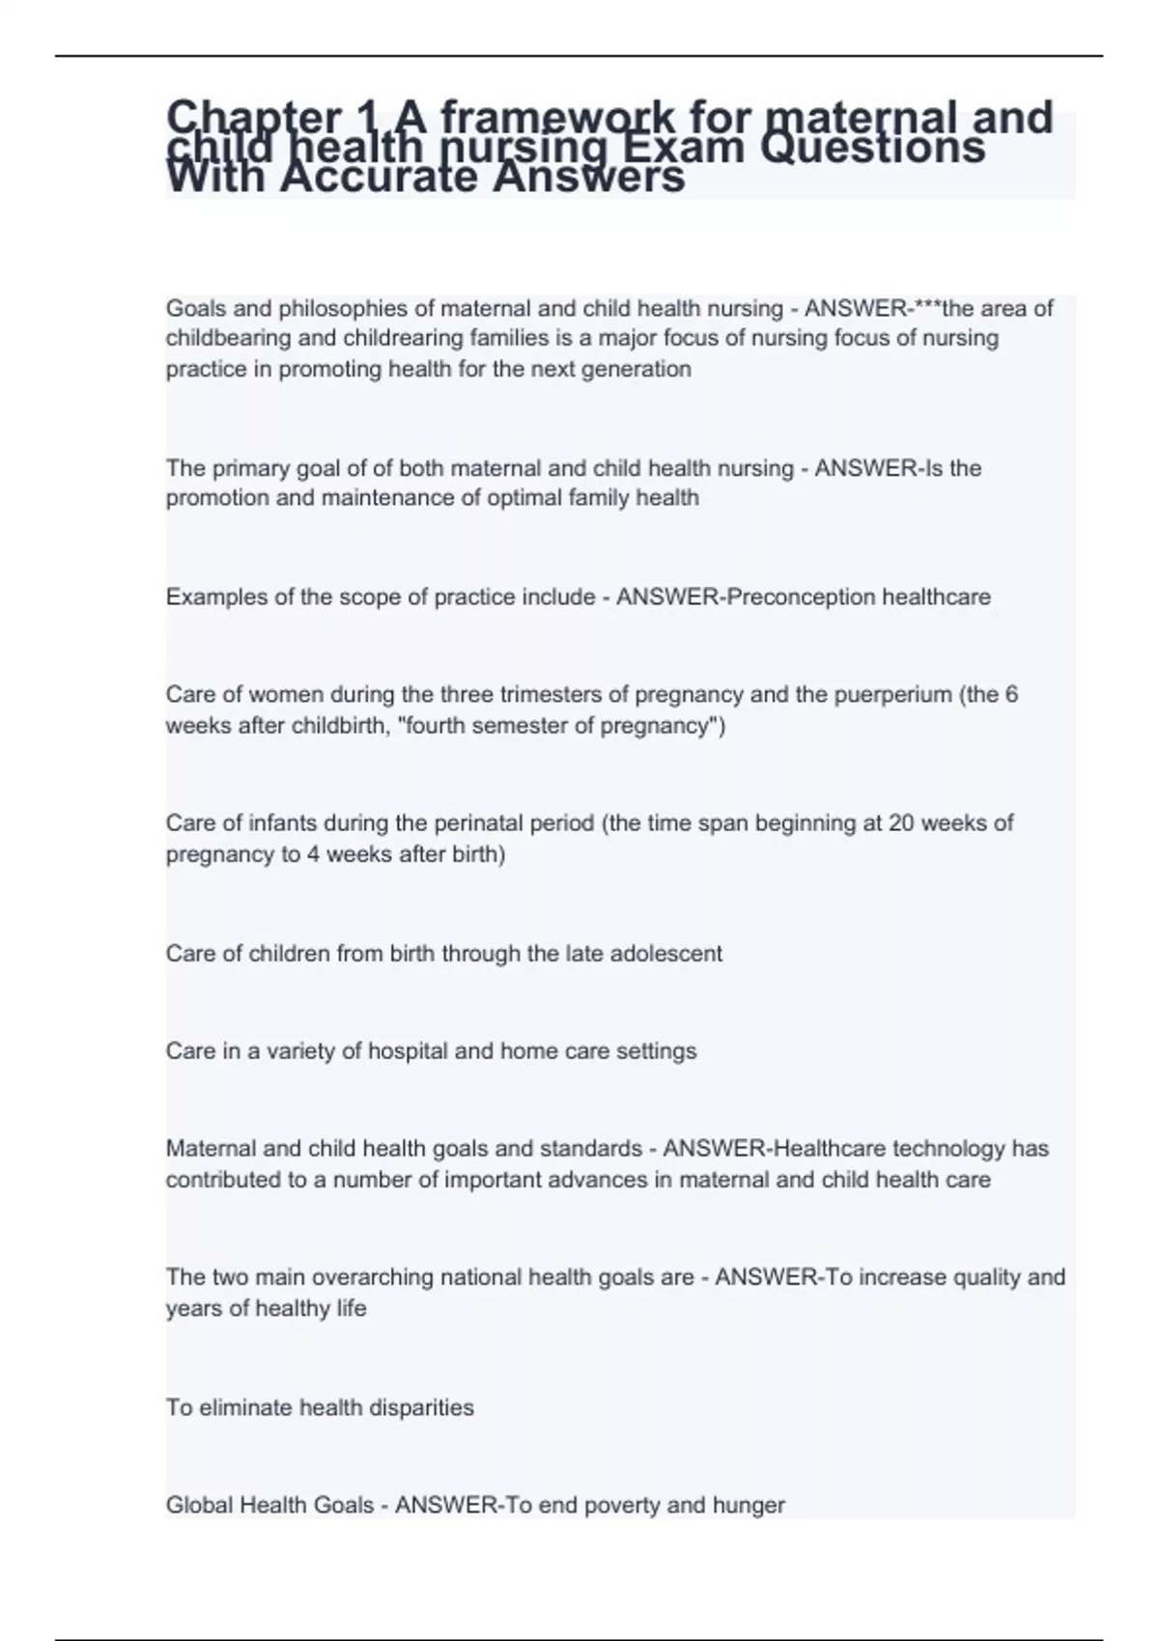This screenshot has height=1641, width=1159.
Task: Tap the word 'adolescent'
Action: point(665,954)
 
